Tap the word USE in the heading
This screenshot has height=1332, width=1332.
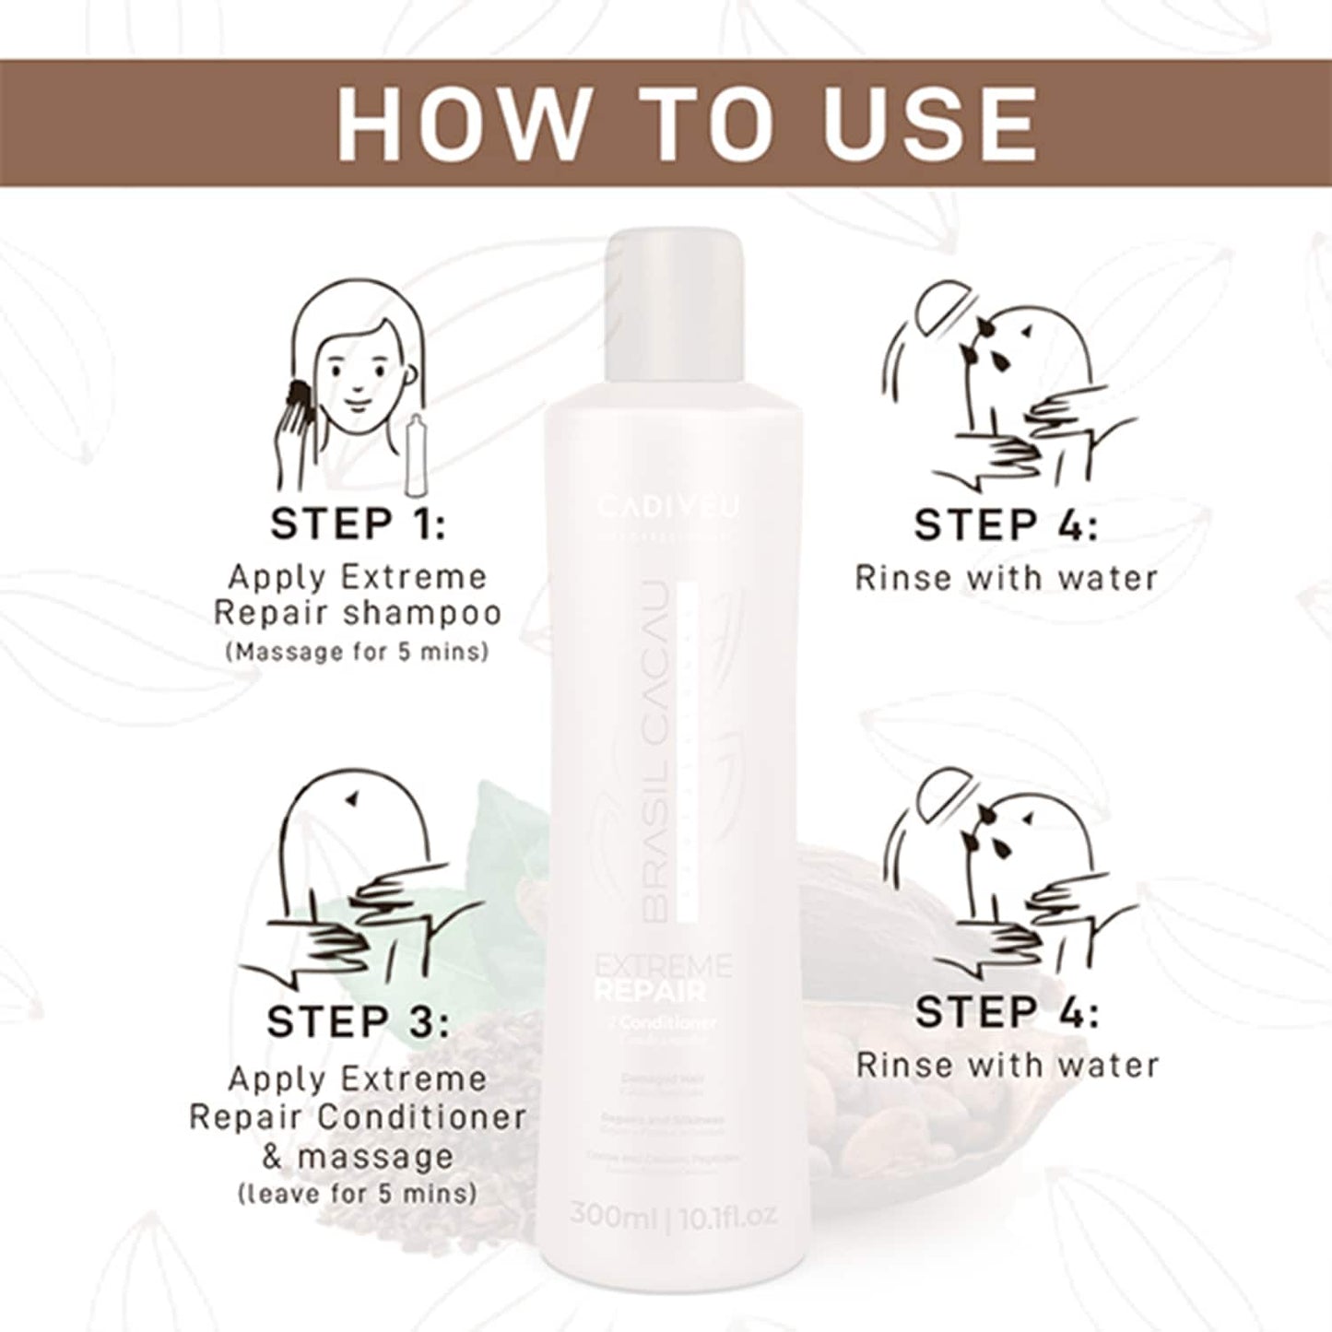click(x=931, y=124)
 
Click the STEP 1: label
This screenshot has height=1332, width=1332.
click(x=358, y=525)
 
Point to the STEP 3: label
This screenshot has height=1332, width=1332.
click(x=358, y=1022)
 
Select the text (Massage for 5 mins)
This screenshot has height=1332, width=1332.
click(x=358, y=652)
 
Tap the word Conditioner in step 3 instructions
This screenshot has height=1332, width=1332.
click(x=422, y=1117)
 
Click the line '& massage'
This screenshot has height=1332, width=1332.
click(x=358, y=1155)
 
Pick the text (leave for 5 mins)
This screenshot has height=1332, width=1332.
click(x=358, y=1194)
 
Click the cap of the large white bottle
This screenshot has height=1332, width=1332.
click(x=674, y=277)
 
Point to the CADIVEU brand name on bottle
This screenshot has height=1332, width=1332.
click(x=667, y=506)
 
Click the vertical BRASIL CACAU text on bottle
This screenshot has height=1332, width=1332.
click(x=655, y=751)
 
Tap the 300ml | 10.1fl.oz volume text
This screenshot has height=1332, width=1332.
click(x=673, y=1214)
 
